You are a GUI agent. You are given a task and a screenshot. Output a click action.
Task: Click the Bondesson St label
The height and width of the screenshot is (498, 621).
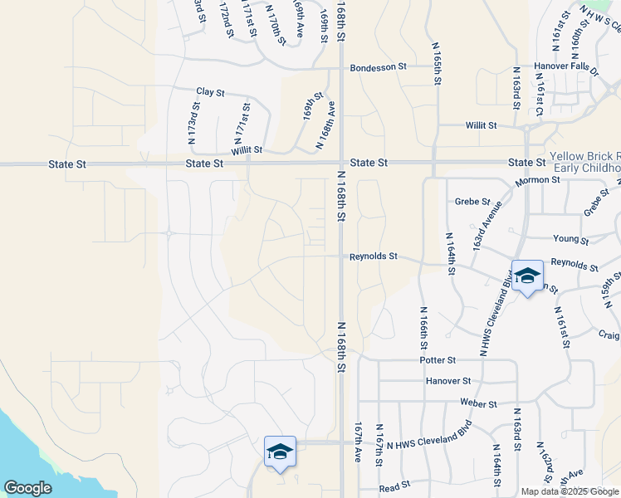pos(378,67)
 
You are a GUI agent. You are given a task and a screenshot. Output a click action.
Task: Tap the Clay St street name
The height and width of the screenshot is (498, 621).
pos(210,92)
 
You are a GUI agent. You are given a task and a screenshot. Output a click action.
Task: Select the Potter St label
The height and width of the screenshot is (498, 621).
pos(438,360)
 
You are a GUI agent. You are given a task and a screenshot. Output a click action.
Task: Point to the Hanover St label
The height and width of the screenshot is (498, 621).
pos(447,381)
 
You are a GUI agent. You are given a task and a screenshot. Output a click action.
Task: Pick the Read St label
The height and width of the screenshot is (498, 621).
pos(394,484)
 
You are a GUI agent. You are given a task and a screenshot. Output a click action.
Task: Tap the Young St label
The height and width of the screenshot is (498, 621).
pos(570,239)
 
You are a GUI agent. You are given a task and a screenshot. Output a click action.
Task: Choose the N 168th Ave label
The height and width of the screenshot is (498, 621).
pos(325,125)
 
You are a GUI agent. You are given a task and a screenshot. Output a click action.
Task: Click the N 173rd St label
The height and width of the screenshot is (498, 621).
pos(193,123)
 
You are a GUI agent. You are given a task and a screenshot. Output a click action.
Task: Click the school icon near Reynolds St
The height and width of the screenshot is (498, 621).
pos(526,276)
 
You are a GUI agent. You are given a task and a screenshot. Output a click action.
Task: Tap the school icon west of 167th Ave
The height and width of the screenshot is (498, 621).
pos(280,452)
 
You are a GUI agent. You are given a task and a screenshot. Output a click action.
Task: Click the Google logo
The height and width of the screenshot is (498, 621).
pos(27,488)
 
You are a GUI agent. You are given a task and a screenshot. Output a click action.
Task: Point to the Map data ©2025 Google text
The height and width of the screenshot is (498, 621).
pos(570,491)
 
